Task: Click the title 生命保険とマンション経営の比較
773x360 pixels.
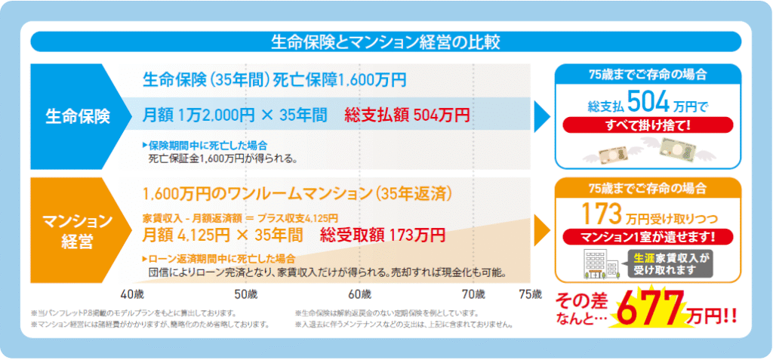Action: (386, 42)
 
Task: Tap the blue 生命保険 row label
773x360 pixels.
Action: (78, 117)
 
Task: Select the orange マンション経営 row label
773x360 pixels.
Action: (78, 231)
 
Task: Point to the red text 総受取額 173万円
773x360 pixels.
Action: (383, 235)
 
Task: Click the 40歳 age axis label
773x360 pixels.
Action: (132, 294)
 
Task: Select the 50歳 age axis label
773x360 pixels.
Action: (246, 294)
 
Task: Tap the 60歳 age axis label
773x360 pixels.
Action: (359, 294)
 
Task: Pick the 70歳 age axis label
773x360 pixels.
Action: (473, 294)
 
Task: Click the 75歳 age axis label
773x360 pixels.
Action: (531, 294)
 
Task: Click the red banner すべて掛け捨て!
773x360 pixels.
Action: (648, 125)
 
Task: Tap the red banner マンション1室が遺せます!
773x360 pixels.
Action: (648, 237)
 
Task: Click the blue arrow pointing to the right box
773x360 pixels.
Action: (542, 117)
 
